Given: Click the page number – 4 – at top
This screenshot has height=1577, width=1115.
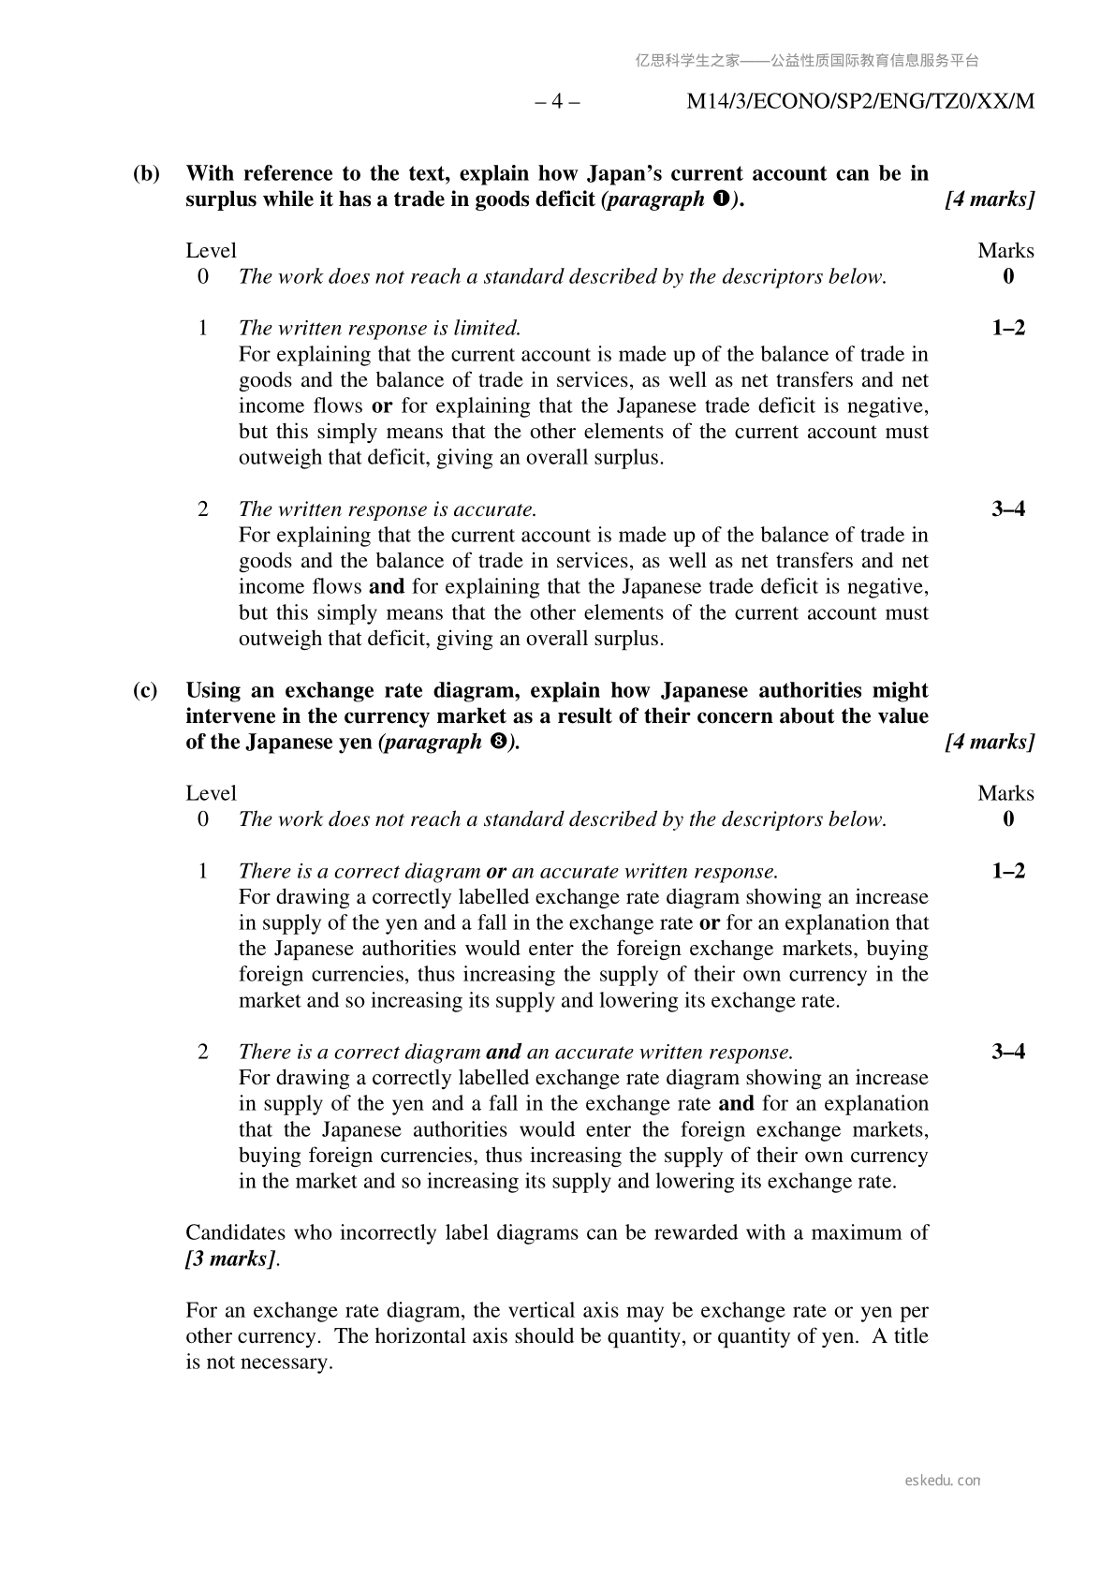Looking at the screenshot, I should [557, 101].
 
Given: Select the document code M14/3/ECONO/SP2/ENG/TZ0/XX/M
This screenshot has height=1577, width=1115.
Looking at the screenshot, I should [860, 101].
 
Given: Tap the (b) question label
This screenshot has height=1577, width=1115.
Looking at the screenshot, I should [147, 173].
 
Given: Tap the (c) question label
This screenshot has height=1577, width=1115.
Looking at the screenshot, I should [145, 690].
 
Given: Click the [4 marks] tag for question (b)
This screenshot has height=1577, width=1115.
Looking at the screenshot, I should [990, 199].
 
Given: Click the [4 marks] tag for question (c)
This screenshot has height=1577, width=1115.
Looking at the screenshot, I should [990, 743].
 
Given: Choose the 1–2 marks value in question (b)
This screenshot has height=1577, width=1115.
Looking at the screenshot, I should [1007, 328].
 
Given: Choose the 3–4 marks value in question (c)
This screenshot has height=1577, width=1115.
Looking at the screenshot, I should [1007, 1052].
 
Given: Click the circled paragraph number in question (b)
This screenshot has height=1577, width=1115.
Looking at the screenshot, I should [721, 199].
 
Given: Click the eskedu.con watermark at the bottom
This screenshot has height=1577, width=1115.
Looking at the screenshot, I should [943, 1481].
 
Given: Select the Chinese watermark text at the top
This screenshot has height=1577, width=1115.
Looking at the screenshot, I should [807, 61].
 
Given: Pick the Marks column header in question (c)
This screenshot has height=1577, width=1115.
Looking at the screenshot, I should [1005, 793].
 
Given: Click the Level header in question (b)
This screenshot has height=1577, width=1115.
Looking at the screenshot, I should [211, 251].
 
